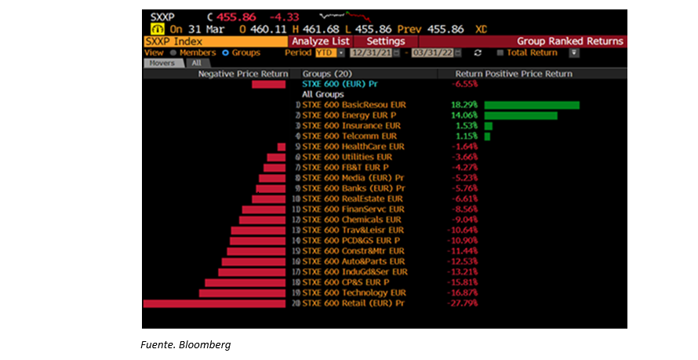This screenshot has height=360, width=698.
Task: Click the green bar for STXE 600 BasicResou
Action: pyautogui.click(x=531, y=105)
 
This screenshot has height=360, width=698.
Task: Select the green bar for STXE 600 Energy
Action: pyautogui.click(x=520, y=115)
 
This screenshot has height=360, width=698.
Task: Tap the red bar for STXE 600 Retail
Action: pyautogui.click(x=214, y=303)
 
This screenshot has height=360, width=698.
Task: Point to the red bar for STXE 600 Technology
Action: pyautogui.click(x=242, y=293)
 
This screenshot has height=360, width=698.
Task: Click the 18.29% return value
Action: pyautogui.click(x=464, y=105)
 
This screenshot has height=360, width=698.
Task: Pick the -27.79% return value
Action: pyautogui.click(x=463, y=303)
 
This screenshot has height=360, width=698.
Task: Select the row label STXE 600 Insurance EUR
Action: pyautogui.click(x=351, y=125)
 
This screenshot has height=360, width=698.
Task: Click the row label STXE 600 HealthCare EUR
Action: pyautogui.click(x=353, y=147)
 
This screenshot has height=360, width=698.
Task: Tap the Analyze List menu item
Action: pyautogui.click(x=319, y=41)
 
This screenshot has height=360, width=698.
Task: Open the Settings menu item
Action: pyautogui.click(x=386, y=41)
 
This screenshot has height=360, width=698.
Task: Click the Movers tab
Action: pyautogui.click(x=162, y=63)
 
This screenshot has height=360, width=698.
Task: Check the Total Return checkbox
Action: pyautogui.click(x=500, y=53)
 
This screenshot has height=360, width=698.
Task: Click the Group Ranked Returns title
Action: pyautogui.click(x=569, y=41)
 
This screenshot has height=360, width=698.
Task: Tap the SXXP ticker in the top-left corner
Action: pyautogui.click(x=162, y=16)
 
